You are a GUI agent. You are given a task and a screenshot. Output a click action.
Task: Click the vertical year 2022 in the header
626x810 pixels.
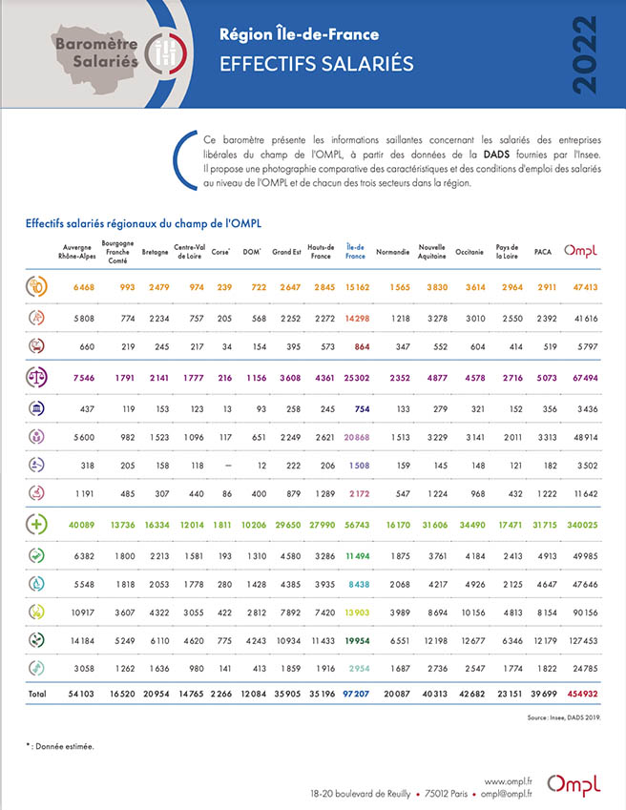585,54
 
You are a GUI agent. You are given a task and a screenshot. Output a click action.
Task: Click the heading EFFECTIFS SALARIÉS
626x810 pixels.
317,64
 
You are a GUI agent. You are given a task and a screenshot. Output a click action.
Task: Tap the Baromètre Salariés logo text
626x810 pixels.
97,52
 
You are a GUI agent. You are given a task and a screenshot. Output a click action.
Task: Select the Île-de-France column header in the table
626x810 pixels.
355,252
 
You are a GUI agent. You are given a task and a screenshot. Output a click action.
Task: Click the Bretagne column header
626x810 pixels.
155,252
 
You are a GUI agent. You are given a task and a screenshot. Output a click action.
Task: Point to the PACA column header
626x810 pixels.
543,252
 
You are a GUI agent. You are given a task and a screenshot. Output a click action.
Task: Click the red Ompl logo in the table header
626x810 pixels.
580,251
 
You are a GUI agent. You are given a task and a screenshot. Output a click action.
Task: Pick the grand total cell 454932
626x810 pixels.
583,694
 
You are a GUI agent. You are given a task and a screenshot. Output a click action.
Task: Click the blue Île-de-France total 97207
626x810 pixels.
356,694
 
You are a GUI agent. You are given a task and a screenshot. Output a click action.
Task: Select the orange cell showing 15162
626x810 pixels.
358,287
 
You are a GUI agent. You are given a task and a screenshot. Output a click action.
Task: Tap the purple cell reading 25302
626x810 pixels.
357,378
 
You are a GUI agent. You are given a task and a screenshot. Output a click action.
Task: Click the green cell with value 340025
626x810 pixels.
582,525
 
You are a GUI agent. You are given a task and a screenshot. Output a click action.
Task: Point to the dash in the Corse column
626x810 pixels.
228,466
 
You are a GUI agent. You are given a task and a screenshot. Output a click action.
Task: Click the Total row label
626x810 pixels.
37,694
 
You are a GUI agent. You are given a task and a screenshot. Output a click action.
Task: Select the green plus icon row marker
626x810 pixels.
36,525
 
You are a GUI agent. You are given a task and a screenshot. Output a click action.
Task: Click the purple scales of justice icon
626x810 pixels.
36,377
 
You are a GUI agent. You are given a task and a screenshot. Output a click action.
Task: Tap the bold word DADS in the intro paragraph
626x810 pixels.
496,155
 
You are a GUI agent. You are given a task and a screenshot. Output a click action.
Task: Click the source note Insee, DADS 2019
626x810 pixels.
564,717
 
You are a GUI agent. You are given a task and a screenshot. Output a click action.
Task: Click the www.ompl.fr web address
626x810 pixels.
509,781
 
